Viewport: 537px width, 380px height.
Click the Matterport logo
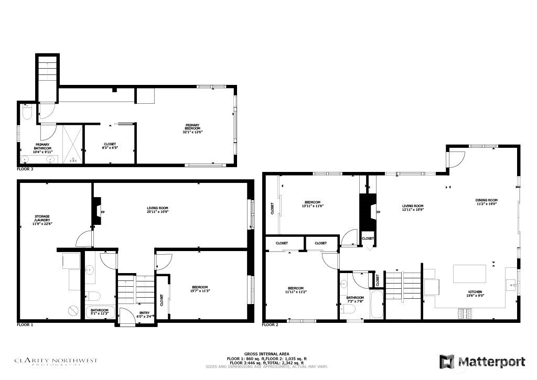[483, 362]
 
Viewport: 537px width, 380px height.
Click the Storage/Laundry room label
[42, 220]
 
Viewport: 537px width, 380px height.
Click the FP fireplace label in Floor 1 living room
[103, 212]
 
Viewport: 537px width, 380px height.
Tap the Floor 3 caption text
[25, 170]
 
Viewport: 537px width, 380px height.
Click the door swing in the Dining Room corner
[456, 158]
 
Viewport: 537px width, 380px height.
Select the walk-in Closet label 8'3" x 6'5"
[110, 147]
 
